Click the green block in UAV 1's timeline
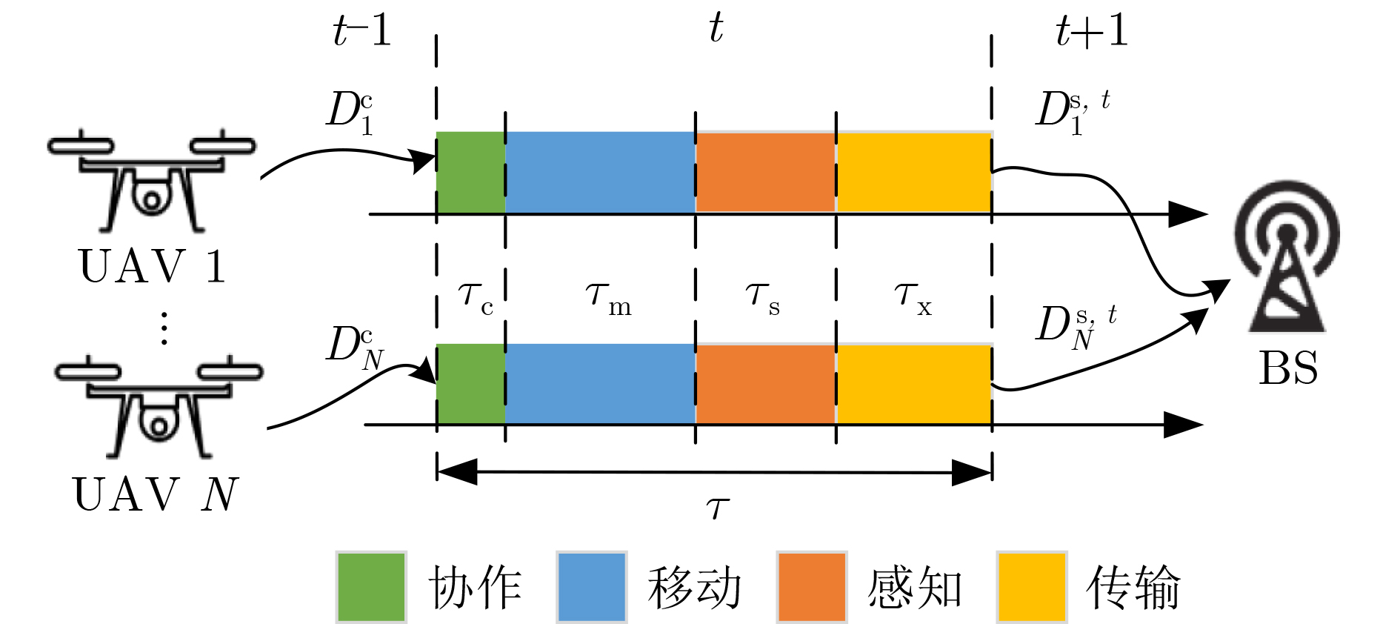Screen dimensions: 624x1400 coord(470,172)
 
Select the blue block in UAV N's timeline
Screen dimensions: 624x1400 coord(600,384)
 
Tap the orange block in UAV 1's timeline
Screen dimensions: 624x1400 coord(765,172)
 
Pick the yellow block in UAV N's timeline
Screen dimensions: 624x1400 coord(914,384)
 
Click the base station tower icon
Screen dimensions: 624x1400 coord(1287,256)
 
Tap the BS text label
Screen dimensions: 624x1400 coord(1288,368)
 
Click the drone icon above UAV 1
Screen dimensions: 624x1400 coord(152,182)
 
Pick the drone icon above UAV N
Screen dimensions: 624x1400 coord(159,408)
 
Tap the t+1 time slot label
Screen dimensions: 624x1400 coord(1091,31)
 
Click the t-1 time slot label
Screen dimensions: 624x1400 coord(361,31)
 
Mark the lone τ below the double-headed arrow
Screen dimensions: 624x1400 coord(717,508)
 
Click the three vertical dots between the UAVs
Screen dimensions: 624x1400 coord(164,328)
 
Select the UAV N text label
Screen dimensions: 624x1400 coord(156,494)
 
